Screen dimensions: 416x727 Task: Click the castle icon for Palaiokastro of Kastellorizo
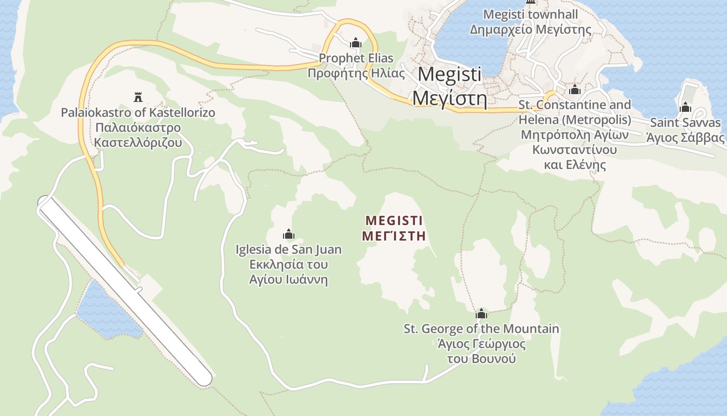[x=138, y=97]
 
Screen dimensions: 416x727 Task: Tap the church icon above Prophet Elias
[x=356, y=43]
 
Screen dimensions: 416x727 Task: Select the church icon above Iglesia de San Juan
[x=289, y=235]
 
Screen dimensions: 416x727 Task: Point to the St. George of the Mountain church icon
[x=481, y=314]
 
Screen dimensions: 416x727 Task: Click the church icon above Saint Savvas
[x=685, y=108]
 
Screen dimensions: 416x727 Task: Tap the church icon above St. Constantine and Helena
[x=574, y=90]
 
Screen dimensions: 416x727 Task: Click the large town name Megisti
[x=450, y=74]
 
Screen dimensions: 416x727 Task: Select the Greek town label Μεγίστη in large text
[x=450, y=97]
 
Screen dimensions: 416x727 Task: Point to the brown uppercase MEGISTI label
[x=394, y=220]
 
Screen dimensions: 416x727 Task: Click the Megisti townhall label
[x=530, y=15]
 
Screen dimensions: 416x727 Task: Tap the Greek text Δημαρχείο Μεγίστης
[x=530, y=30]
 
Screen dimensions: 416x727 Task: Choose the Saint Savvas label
[x=685, y=123]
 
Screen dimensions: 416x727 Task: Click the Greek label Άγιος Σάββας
[x=685, y=138]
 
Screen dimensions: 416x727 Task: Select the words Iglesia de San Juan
[x=289, y=250]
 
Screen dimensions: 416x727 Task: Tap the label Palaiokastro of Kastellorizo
[x=138, y=112]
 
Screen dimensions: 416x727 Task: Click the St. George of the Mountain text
[x=481, y=329]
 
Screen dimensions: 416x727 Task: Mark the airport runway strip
[x=125, y=291]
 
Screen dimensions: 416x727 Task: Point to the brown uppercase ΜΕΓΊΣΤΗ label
[x=394, y=236]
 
